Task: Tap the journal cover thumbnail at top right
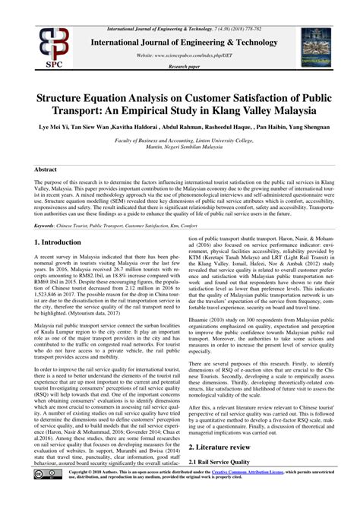pos(318,41)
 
